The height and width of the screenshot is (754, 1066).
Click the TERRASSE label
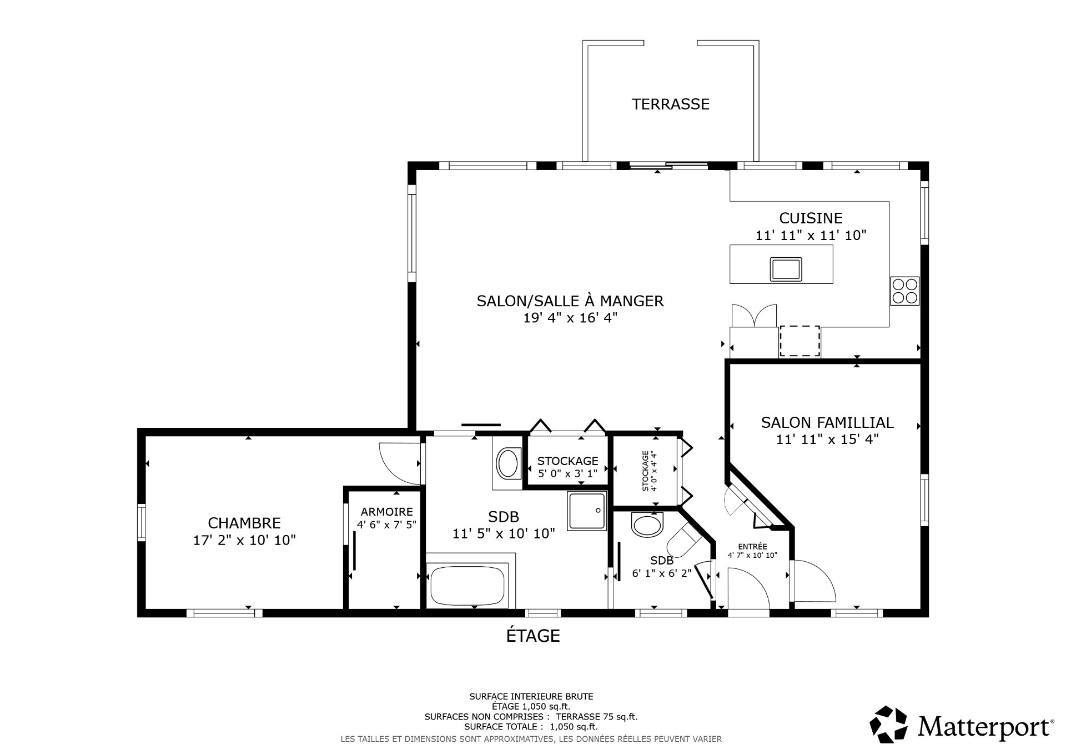[670, 104]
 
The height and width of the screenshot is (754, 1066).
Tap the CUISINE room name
[811, 218]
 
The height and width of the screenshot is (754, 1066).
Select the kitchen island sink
[786, 269]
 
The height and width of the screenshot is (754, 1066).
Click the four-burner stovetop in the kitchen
[904, 291]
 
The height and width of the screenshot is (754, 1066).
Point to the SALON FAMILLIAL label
[827, 423]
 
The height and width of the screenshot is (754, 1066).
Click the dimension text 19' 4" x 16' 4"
[570, 318]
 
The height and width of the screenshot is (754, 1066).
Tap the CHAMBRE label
[244, 523]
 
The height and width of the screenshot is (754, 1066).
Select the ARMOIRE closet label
[386, 512]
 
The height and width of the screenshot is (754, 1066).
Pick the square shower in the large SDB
[587, 511]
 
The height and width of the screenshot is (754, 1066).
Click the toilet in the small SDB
[686, 540]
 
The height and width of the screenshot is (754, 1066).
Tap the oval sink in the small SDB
[647, 524]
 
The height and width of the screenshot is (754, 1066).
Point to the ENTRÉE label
[752, 546]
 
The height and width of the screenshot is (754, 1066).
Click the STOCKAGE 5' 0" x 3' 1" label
[567, 467]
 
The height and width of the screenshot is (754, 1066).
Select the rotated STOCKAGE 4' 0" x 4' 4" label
[650, 471]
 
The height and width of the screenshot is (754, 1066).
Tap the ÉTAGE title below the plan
[533, 635]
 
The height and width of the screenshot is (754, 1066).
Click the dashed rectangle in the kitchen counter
[800, 341]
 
